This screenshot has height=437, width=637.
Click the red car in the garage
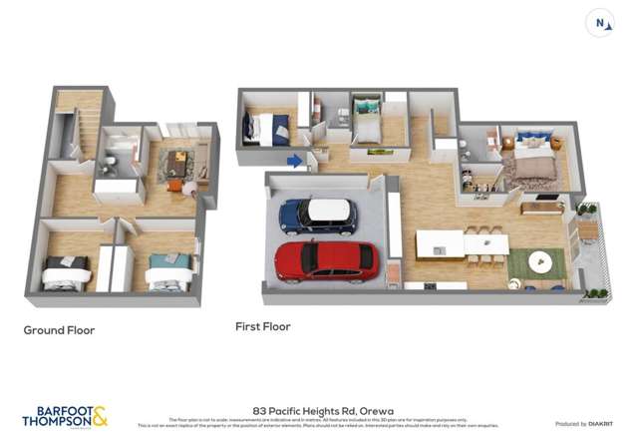(x=326, y=260)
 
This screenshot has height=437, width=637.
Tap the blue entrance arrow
(x=295, y=160)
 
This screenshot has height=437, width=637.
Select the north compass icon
(x=600, y=24)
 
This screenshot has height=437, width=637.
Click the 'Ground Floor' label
(x=59, y=330)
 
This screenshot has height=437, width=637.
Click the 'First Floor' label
(x=262, y=326)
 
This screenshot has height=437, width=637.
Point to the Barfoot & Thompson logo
(x=64, y=415)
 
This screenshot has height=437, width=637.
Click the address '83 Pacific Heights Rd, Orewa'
(x=317, y=410)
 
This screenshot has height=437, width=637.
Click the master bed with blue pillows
(x=531, y=158)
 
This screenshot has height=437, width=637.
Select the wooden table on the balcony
(x=588, y=230)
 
